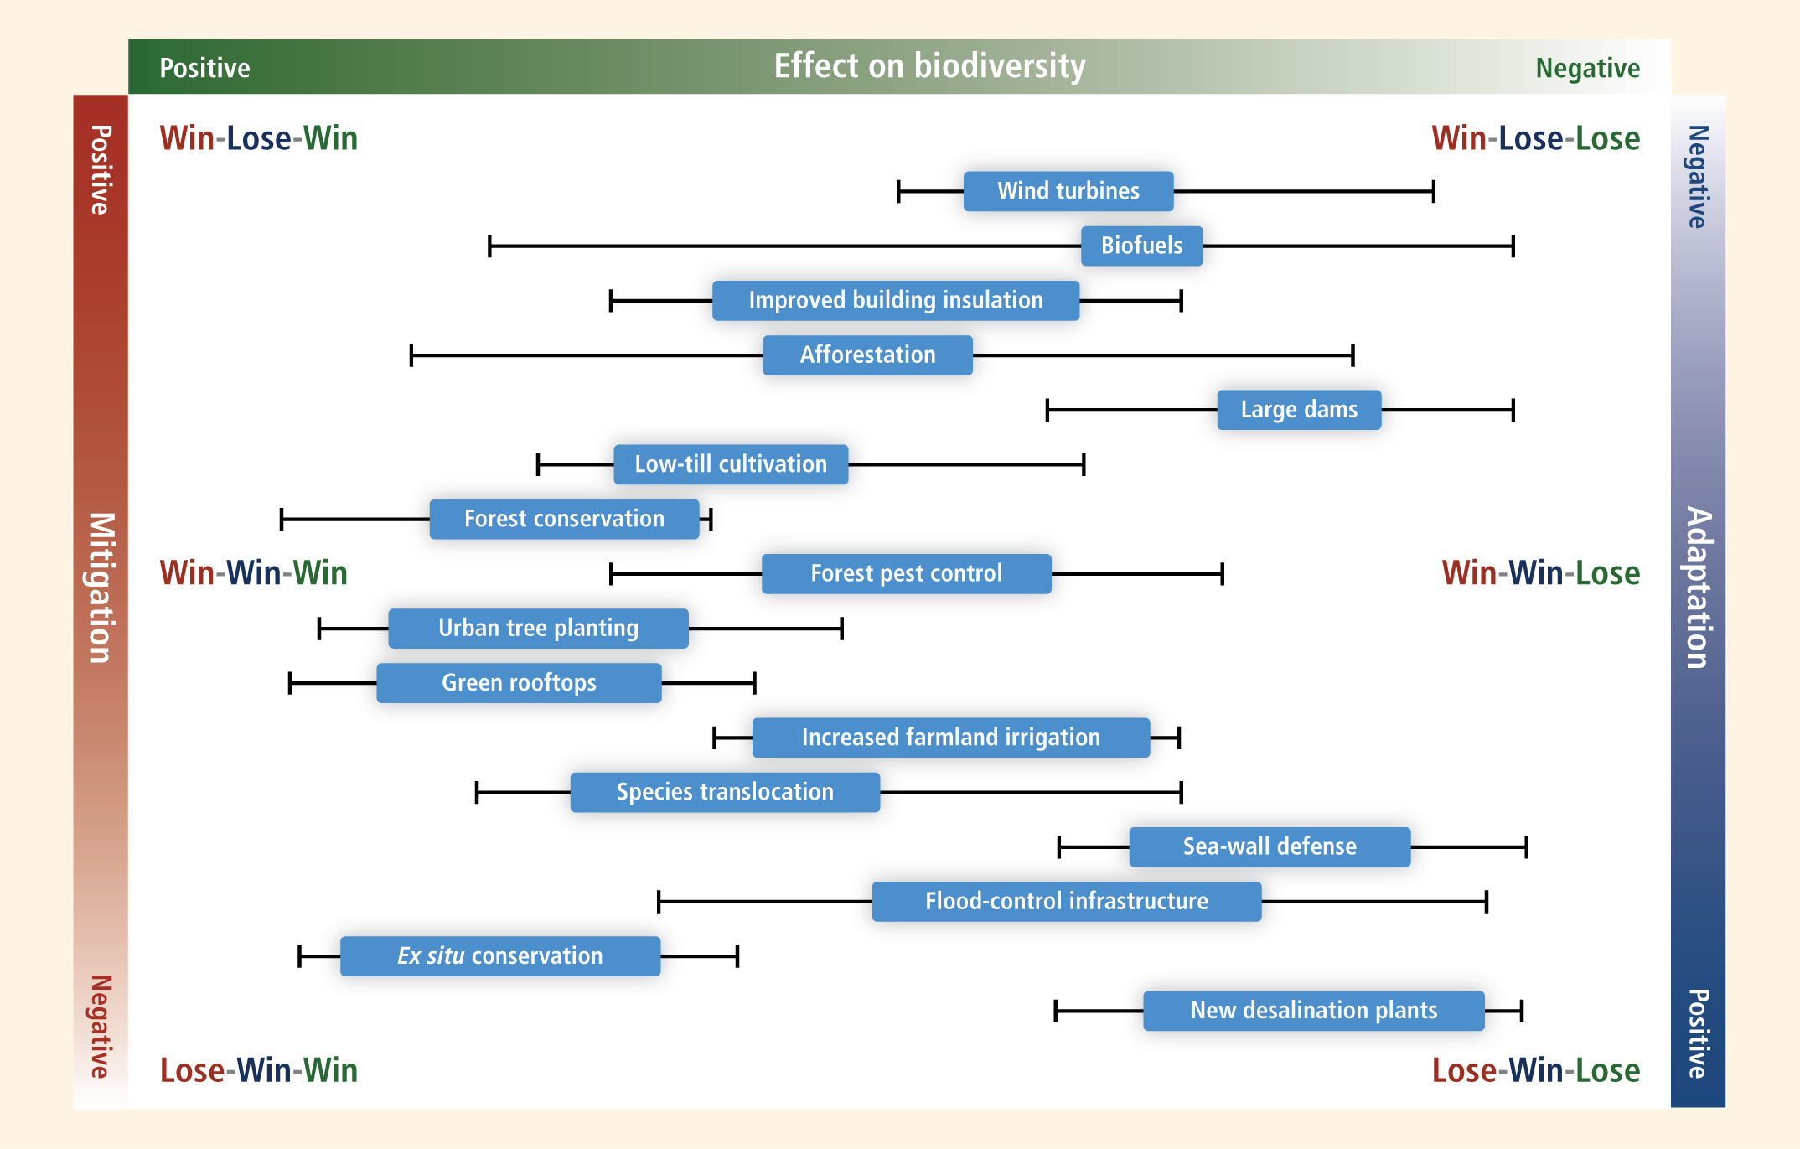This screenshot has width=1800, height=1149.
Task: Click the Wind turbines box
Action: [1068, 191]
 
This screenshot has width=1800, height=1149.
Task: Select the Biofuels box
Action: [1141, 246]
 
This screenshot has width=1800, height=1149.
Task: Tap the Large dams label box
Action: [1298, 410]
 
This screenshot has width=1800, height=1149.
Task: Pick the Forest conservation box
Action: [564, 519]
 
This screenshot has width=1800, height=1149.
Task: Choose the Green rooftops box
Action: [519, 683]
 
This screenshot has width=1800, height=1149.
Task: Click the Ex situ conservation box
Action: [499, 956]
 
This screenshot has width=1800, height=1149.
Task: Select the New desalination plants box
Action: [1313, 1011]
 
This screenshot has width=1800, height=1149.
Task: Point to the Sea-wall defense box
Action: [1269, 846]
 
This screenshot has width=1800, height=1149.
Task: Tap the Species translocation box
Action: [725, 792]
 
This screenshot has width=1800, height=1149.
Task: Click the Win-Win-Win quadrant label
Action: [253, 573]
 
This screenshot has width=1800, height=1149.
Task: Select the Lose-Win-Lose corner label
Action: [1535, 1070]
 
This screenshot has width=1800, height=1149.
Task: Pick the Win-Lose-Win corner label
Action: [258, 138]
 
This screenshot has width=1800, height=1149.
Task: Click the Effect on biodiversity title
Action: [929, 66]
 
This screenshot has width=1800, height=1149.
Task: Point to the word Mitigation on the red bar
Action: [101, 587]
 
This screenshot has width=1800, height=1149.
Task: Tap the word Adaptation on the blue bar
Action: [1698, 587]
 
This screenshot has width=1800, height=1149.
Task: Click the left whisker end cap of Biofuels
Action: [489, 246]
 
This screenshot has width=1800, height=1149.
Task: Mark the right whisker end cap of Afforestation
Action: [1353, 355]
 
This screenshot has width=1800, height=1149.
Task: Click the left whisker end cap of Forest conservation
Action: [282, 520]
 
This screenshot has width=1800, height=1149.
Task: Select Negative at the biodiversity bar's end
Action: [1587, 68]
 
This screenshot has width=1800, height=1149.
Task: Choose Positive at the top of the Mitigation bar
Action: [101, 169]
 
